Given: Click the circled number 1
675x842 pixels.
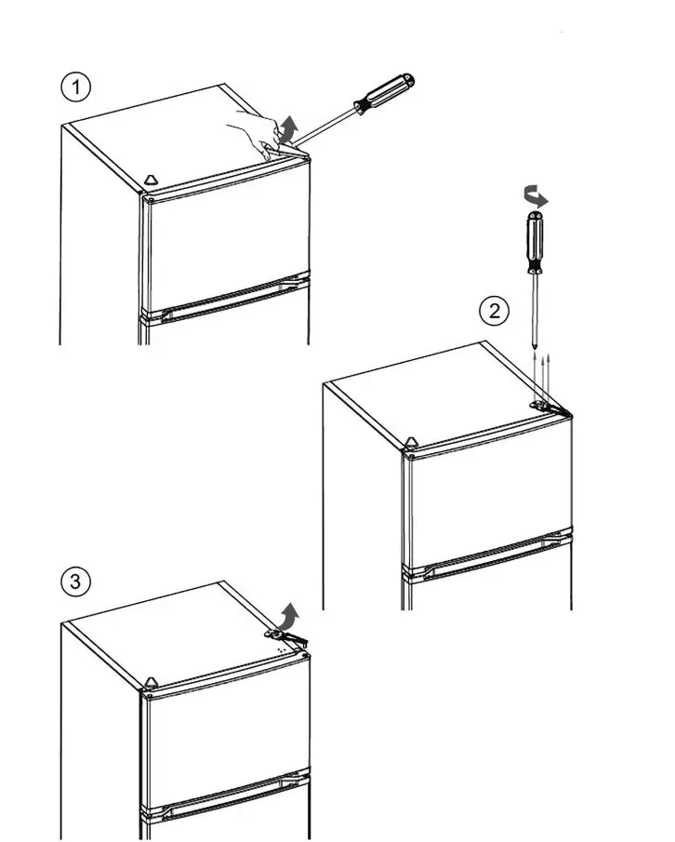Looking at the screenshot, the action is click(76, 87).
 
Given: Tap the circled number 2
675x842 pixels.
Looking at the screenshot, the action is click(494, 311).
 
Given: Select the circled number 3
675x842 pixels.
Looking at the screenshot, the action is click(75, 581).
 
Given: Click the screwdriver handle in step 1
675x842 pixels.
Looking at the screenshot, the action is click(384, 93).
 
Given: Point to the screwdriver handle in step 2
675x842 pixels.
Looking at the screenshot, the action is click(535, 242).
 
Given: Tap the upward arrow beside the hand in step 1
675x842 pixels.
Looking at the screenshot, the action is click(288, 129).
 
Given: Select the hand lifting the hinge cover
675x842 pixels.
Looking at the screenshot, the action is click(256, 133).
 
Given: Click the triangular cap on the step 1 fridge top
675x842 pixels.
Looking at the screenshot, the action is click(152, 180).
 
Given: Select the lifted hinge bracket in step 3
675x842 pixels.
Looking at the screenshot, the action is click(286, 637).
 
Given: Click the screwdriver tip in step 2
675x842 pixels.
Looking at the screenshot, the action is click(535, 343).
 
